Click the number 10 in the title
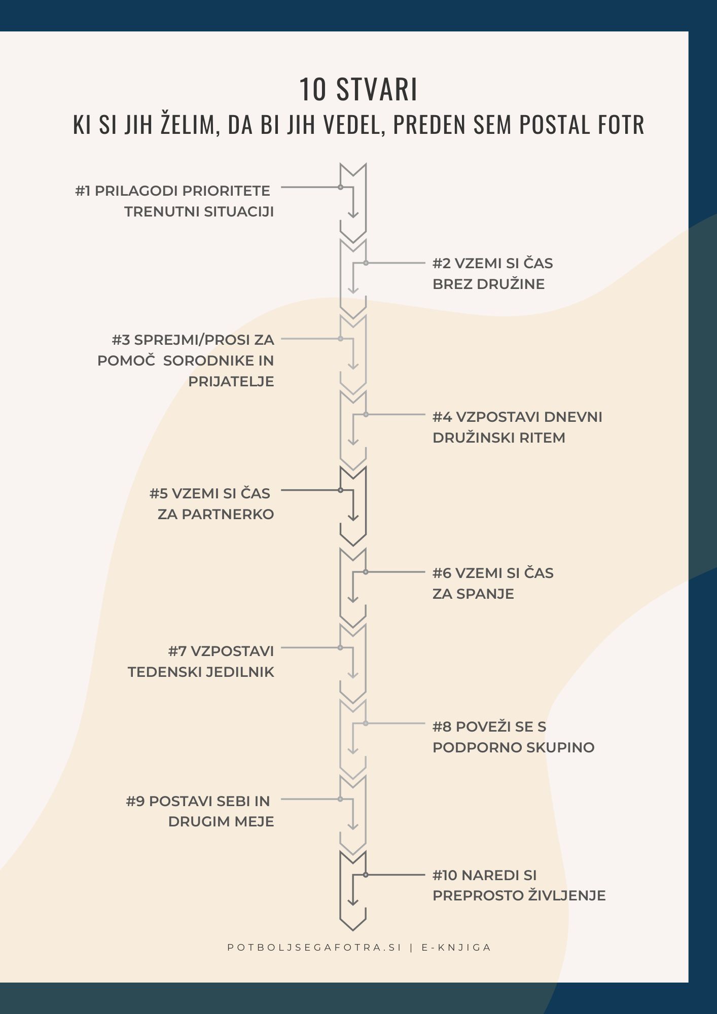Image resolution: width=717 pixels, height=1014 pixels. [312, 90]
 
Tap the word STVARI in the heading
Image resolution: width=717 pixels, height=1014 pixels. [377, 90]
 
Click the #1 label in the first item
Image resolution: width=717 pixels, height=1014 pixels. [83, 191]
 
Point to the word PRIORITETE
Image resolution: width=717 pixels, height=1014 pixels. [226, 191]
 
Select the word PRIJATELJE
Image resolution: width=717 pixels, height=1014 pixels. [231, 381]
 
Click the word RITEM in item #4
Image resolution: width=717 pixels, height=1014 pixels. [543, 438]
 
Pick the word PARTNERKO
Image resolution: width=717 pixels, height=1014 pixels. [228, 514]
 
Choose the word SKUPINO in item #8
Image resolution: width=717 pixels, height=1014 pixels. [562, 747]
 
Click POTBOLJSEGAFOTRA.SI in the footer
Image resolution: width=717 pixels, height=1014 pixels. [314, 948]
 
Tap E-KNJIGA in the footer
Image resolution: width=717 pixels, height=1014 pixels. [456, 948]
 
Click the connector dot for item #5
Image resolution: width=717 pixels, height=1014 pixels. [341, 490]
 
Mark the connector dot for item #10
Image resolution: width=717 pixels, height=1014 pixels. [366, 875]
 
